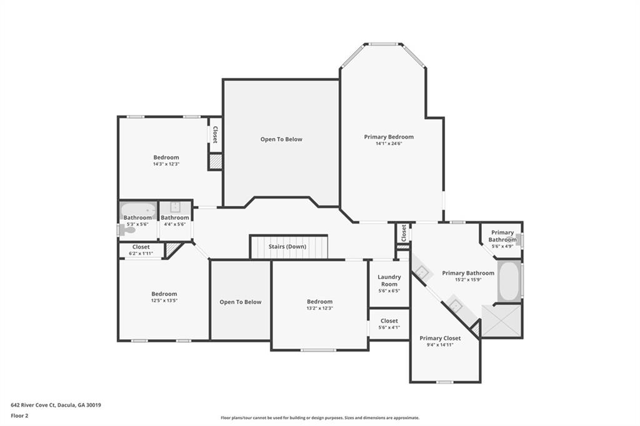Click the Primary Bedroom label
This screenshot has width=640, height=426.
pyautogui.click(x=389, y=137)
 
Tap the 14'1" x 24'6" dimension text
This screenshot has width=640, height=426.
pyautogui.click(x=389, y=144)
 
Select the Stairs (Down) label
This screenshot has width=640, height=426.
pyautogui.click(x=287, y=247)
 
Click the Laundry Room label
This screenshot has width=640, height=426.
pyautogui.click(x=389, y=280)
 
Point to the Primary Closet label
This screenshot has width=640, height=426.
pyautogui.click(x=440, y=338)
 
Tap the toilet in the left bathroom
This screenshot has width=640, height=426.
pyautogui.click(x=127, y=230)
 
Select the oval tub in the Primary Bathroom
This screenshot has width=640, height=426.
pyautogui.click(x=508, y=282)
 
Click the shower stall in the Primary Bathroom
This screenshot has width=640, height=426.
pyautogui.click(x=502, y=321)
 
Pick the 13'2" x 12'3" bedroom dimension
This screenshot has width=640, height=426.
pyautogui.click(x=319, y=308)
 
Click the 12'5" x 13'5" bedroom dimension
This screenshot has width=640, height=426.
pyautogui.click(x=164, y=300)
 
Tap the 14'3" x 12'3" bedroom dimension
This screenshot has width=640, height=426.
pyautogui.click(x=166, y=164)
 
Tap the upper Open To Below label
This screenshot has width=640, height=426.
pyautogui.click(x=281, y=139)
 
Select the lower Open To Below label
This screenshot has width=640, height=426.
pyautogui.click(x=241, y=302)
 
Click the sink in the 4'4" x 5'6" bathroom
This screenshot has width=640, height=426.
pyautogui.click(x=175, y=207)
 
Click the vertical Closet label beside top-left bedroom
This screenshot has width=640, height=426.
pyautogui.click(x=215, y=135)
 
